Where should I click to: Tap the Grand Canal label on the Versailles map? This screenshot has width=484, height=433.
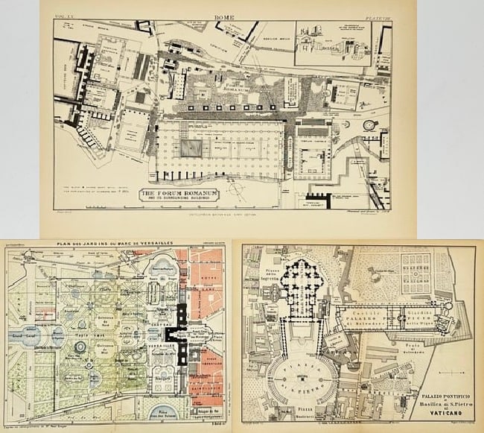point(22,335)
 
